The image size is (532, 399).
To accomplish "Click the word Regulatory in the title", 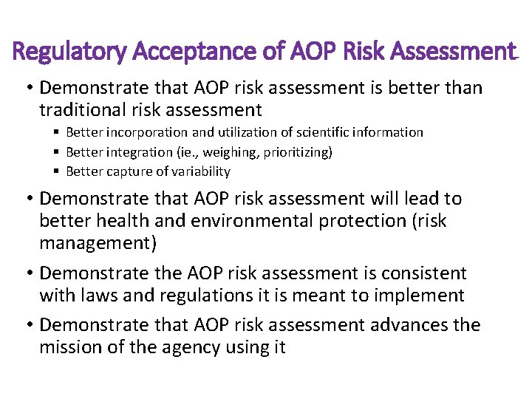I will pyautogui.click(x=63, y=52).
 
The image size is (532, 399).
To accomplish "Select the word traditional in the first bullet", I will pyautogui.click(x=86, y=111).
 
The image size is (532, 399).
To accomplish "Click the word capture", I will pyautogui.click(x=124, y=171).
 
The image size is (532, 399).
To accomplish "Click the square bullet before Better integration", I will pyautogui.click(x=57, y=152).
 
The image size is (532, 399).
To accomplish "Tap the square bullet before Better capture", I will pyautogui.click(x=57, y=171).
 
